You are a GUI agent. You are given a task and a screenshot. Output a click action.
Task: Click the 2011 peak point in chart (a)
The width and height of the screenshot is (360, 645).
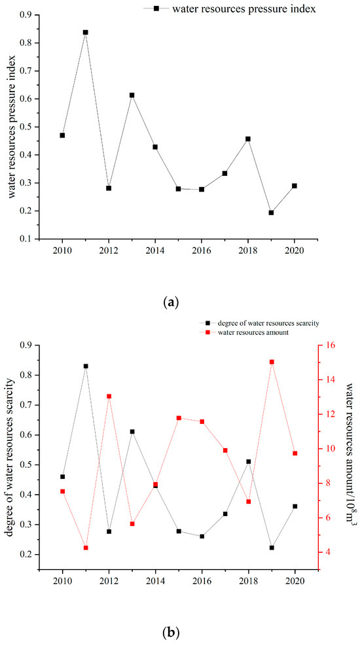point(86,32)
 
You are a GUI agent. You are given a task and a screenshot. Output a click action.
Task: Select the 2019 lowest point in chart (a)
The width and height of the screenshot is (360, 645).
point(271,213)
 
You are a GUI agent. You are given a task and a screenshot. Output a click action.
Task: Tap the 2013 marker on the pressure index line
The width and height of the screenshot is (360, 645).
point(132,95)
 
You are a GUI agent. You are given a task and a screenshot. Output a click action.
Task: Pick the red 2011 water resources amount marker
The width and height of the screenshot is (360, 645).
point(86,548)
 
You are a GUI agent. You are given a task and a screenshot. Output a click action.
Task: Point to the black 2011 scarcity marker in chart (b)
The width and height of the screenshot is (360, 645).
point(86,366)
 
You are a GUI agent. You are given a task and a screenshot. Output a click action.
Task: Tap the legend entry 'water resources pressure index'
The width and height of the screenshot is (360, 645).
point(244,9)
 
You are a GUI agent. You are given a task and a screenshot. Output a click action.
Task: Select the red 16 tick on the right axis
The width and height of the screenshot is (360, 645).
point(331,345)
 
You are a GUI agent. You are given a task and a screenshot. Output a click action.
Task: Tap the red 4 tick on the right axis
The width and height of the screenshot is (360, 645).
point(329,552)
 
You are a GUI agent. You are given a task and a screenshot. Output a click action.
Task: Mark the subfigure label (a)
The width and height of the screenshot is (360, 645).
point(171,304)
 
